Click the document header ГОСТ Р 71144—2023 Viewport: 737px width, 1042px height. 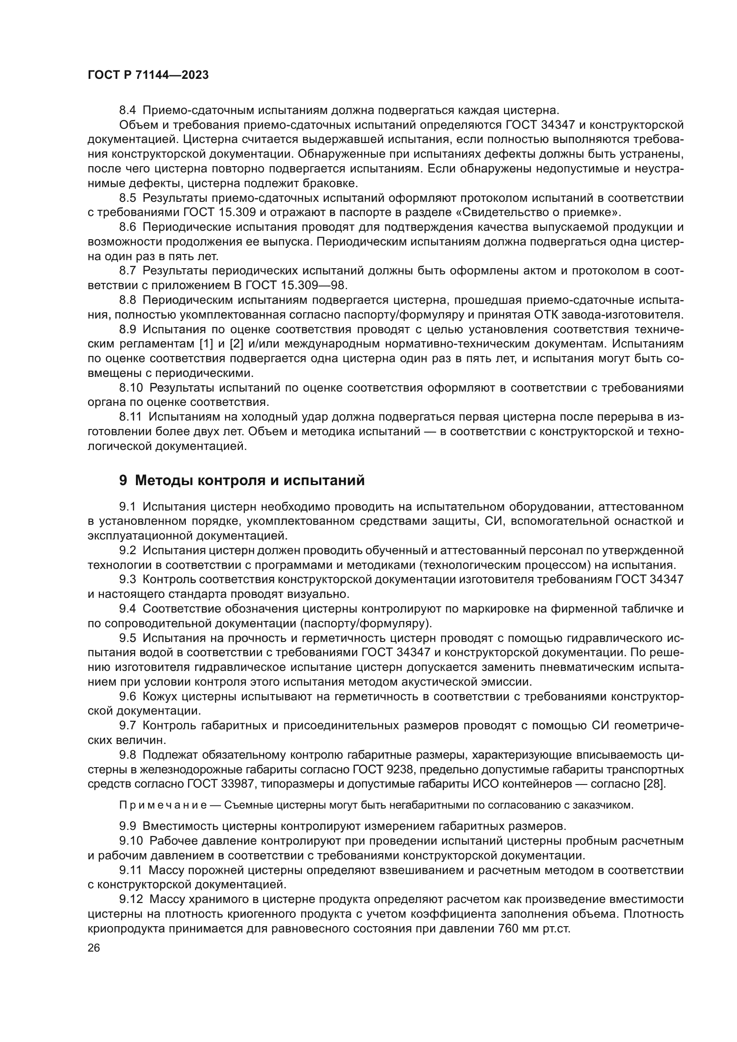pos(148,75)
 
